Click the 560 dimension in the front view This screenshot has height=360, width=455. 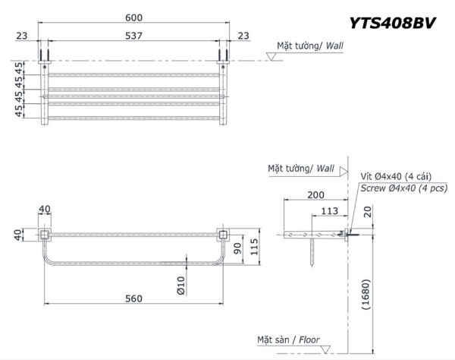(133, 298)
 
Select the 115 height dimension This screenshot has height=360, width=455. (256, 246)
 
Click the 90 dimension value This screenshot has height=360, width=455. (236, 248)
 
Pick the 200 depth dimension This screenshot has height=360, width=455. (316, 194)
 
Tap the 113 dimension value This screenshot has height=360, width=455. (329, 211)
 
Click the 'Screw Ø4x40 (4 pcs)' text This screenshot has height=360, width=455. (403, 188)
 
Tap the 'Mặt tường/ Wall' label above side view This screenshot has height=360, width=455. (301, 168)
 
